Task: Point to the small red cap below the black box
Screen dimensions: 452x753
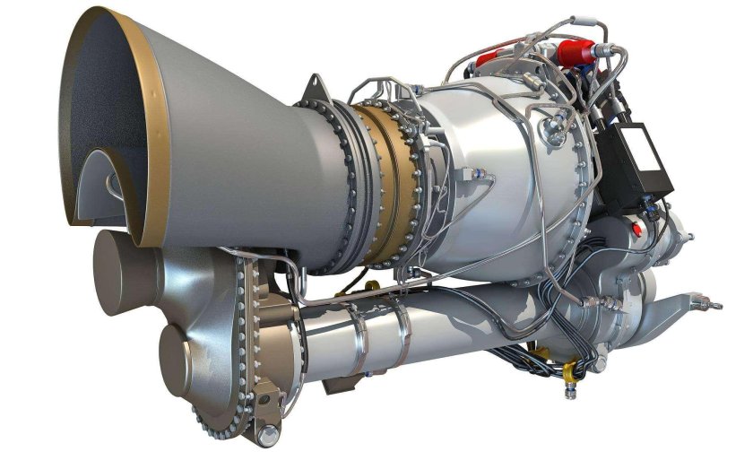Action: [x=637, y=229]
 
